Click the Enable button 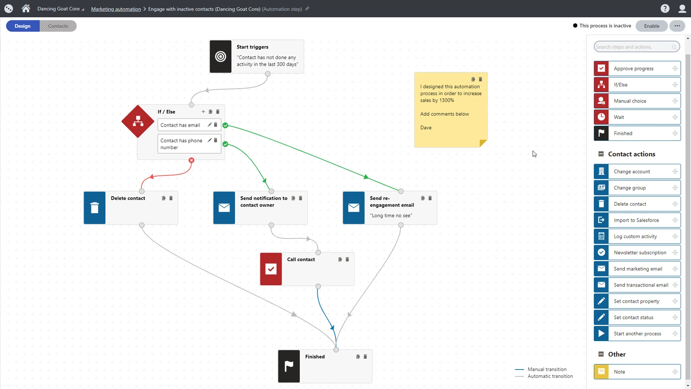[652, 26]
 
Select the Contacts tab [58, 26]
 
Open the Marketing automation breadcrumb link [116, 9]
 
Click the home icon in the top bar [26, 8]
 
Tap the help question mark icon [665, 9]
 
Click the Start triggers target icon [221, 57]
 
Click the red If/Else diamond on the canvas [138, 121]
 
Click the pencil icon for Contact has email [209, 124]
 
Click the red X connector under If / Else [192, 160]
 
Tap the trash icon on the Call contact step [347, 259]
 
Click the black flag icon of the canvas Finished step [289, 366]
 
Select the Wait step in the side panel [637, 117]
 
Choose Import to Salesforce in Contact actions [637, 220]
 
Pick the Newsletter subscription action [637, 252]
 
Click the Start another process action [637, 333]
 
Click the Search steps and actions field [637, 47]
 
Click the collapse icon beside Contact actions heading [601, 154]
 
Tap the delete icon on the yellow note [480, 80]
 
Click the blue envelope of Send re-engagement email [354, 207]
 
